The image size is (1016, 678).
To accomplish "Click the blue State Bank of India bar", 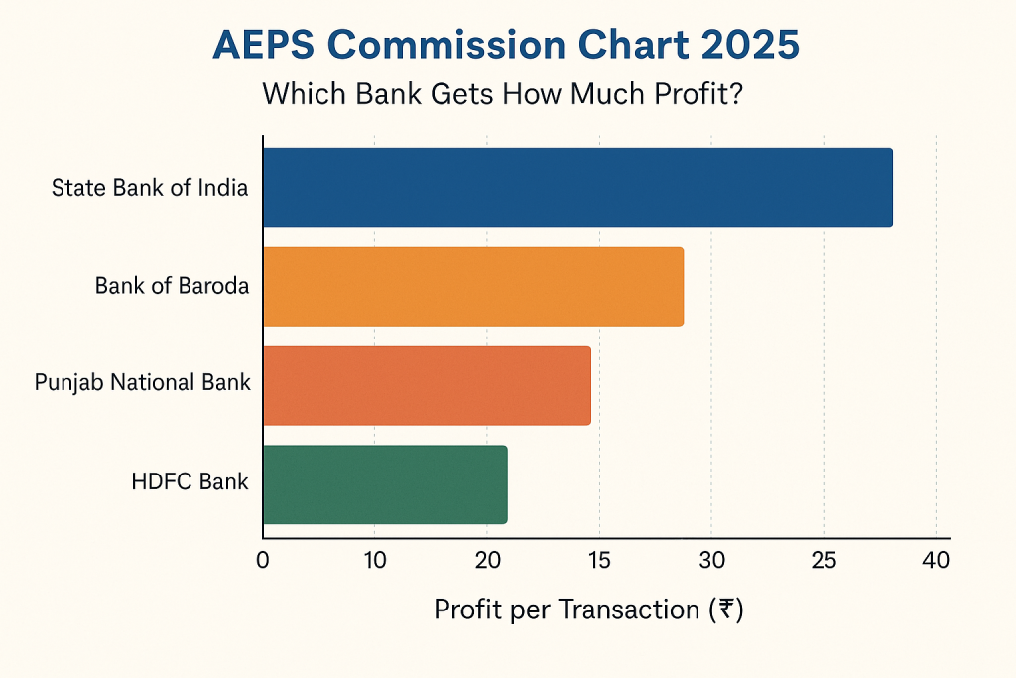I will click(577, 188).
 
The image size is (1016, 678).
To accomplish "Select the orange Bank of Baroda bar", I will click(473, 286).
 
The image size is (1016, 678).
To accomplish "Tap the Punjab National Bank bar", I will click(427, 385).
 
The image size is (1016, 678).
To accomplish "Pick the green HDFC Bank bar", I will click(385, 484).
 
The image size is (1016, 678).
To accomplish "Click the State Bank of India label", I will click(150, 188).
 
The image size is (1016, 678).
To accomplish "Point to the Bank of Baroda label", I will click(172, 286).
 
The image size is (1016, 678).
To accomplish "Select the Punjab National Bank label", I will click(142, 382).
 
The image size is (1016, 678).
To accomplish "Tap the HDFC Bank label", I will click(190, 482).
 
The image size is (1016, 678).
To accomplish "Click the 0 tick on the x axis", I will click(263, 560).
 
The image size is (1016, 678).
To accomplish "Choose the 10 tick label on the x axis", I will click(374, 560).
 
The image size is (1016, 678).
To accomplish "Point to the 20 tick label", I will click(486, 560).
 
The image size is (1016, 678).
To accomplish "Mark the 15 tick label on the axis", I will click(598, 560).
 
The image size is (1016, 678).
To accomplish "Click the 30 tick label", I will click(711, 560).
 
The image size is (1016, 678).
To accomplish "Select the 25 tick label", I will click(824, 560).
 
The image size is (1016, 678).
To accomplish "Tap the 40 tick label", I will click(936, 560).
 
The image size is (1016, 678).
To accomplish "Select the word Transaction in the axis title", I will click(629, 609).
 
